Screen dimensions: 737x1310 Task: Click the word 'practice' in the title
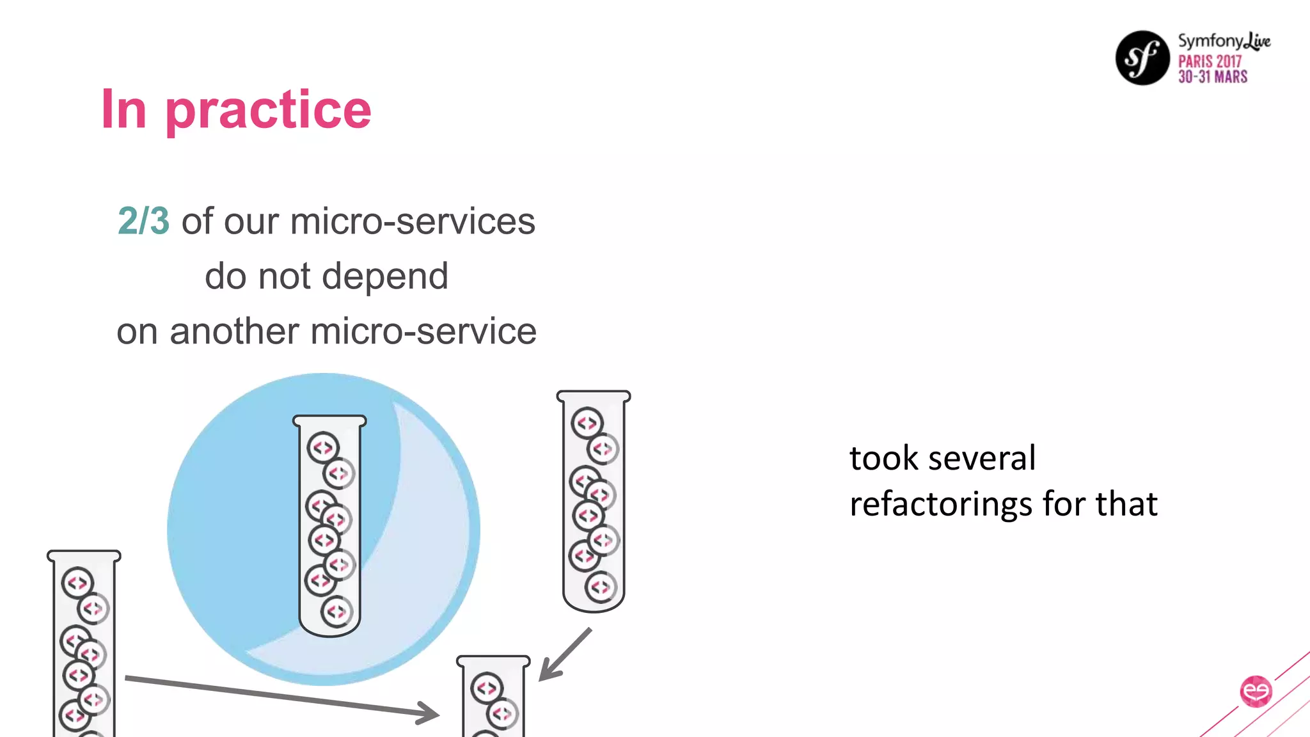coord(268,110)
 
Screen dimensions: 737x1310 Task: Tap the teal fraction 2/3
coord(143,221)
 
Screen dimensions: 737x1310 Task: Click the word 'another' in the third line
coord(234,331)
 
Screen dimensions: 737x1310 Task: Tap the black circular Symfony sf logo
coord(1142,58)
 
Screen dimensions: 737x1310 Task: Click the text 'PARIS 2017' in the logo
coord(1210,61)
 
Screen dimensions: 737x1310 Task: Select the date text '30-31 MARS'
coord(1213,77)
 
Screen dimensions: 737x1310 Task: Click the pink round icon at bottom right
coord(1256,691)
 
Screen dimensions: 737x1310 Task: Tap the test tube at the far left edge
coord(84,646)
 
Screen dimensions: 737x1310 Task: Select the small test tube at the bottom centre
coord(493,697)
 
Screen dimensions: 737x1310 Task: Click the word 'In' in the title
coord(124,110)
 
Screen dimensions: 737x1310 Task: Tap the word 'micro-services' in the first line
coord(413,221)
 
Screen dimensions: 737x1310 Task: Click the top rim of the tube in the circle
coord(329,421)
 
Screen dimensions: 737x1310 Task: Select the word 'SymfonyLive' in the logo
coord(1224,41)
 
